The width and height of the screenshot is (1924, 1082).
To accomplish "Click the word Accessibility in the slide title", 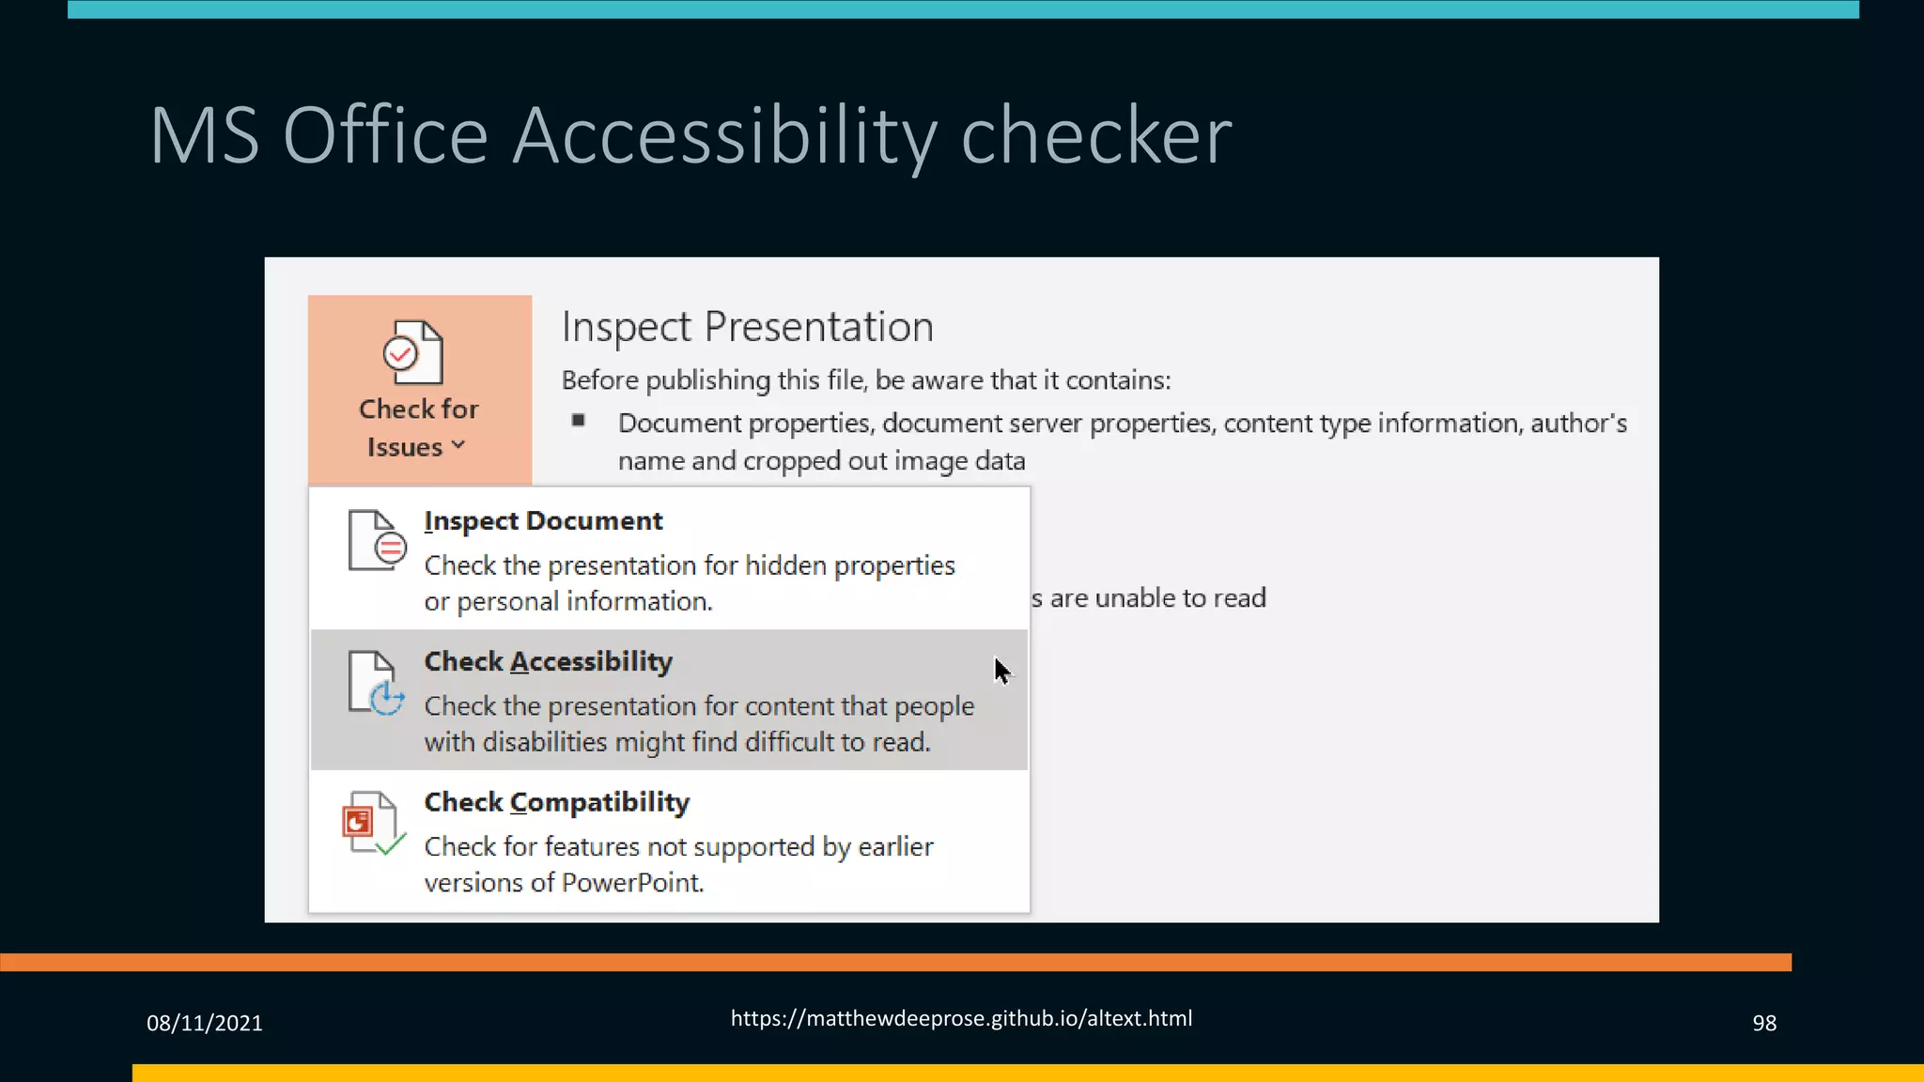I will click(x=724, y=136).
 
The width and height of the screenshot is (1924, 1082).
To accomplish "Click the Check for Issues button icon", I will click(x=413, y=352).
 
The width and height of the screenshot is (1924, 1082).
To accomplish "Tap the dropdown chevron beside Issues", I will click(x=458, y=446).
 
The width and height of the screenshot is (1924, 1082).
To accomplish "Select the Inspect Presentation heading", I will click(x=747, y=327).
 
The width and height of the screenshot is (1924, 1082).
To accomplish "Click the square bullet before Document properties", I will click(x=579, y=421).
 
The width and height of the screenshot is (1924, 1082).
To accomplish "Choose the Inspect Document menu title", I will click(x=543, y=521).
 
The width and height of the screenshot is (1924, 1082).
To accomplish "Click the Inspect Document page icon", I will click(x=376, y=541).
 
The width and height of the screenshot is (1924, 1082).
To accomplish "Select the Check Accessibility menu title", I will click(x=548, y=662).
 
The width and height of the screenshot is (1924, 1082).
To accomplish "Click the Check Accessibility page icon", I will click(x=376, y=683).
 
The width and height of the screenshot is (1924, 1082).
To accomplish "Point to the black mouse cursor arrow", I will click(x=1001, y=670).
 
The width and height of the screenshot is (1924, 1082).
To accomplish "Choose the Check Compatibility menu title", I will click(x=556, y=803).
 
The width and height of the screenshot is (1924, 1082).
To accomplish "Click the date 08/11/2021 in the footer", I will click(x=204, y=1023).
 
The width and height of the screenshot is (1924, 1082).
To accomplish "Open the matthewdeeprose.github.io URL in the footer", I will click(x=961, y=1018).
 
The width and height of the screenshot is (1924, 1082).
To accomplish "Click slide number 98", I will click(x=1763, y=1023).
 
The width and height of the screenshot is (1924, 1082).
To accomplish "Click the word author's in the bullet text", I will click(x=1578, y=424).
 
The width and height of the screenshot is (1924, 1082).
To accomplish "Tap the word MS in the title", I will click(x=204, y=136).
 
